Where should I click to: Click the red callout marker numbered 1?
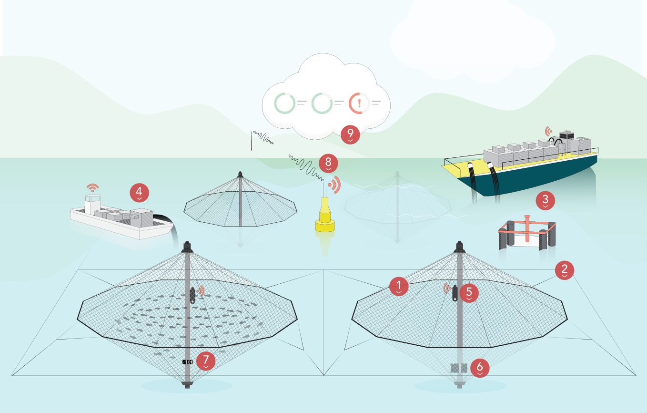(x=398, y=286)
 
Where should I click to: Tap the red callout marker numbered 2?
(x=564, y=270)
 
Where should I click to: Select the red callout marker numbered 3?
(x=546, y=201)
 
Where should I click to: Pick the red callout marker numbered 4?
(x=139, y=193)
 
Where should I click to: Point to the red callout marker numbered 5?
(x=469, y=291)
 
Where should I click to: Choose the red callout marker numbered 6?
(x=480, y=368)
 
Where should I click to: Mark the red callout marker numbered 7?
(x=206, y=361)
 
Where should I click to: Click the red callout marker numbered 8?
(x=328, y=163)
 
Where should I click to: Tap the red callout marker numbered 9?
(x=350, y=135)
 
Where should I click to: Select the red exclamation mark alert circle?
(x=359, y=103)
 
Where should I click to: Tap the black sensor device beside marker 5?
(x=455, y=292)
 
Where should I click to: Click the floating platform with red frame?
(x=527, y=236)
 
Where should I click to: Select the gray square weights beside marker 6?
(x=459, y=368)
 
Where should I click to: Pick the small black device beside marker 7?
(x=187, y=362)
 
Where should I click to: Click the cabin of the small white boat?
(x=93, y=204)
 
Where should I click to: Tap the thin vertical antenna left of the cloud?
(x=252, y=141)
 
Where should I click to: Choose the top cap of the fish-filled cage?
(x=186, y=247)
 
